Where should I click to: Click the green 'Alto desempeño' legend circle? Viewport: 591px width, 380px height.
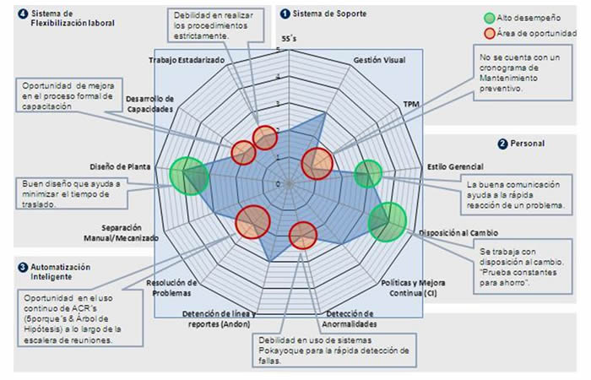(490, 18)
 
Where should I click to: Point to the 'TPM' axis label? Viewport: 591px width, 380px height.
(411, 104)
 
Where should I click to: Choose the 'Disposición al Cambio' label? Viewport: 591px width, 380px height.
(460, 232)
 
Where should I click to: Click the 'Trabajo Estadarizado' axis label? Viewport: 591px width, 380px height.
(187, 60)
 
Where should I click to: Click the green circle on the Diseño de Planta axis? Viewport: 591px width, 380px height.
(187, 176)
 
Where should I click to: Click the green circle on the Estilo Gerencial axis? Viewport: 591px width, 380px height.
(367, 174)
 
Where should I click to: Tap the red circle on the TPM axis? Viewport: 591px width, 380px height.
(317, 162)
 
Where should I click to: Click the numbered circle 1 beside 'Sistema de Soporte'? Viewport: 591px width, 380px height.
(285, 13)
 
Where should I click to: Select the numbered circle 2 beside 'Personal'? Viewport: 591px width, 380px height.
(503, 144)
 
